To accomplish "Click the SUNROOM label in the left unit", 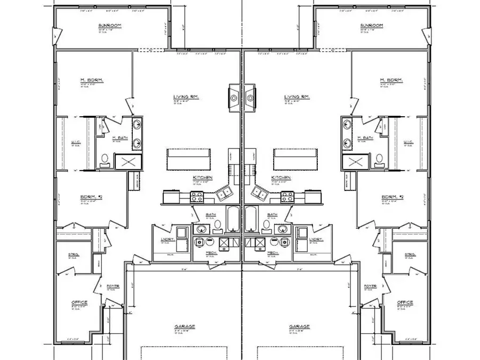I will click(109, 26).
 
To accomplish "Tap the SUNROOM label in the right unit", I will click(372, 26).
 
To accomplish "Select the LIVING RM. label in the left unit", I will click(184, 97).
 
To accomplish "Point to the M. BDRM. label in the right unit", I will click(391, 81).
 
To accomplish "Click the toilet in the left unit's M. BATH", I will click(105, 159).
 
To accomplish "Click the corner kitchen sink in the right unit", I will click(260, 193).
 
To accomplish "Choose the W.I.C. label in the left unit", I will click(75, 142).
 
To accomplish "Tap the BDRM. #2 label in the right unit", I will click(393, 197).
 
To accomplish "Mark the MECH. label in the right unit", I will click(273, 252).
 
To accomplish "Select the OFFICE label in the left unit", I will click(79, 302).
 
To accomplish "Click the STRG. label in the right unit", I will click(410, 255).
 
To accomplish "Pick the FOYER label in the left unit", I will click(113, 286).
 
